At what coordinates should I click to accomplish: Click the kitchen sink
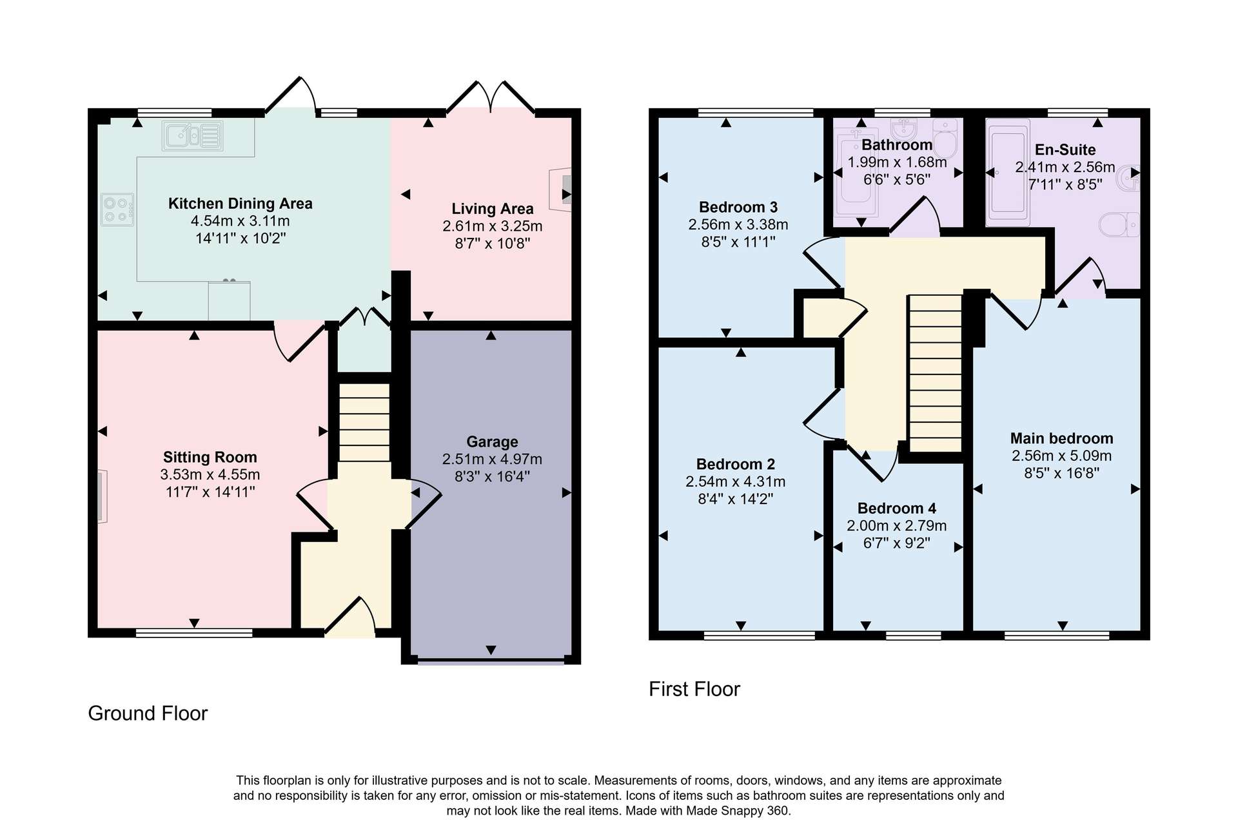pos(192,135)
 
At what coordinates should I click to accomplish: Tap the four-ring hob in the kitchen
pos(117,209)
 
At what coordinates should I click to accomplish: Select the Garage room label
pos(492,442)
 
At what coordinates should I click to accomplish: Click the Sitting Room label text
pos(210,457)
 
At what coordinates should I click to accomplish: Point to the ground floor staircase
pos(364,423)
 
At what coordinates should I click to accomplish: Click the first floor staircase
pos(935,373)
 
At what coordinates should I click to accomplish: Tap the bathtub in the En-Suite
pos(1008,172)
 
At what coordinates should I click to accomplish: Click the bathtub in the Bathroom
pos(856,173)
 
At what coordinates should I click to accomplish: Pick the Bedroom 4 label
pos(897,509)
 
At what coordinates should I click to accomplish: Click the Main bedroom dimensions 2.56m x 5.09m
pos(1062,456)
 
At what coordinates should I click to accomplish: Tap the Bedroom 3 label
pos(738,207)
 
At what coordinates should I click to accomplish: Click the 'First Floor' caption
pos(694,689)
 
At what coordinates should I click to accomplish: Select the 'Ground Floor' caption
pos(148,713)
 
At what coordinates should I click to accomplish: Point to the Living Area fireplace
pos(560,190)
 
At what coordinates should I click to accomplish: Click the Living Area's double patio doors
pos(491,98)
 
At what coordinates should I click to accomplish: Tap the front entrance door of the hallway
pos(350,617)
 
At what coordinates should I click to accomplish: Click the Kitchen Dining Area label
pos(241,204)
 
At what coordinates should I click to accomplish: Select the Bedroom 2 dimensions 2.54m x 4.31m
pos(736,481)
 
